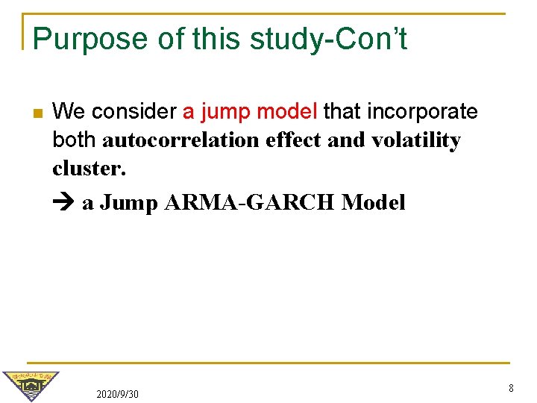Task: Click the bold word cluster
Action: click(x=89, y=169)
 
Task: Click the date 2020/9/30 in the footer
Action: click(x=117, y=393)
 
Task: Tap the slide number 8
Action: click(x=511, y=388)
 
